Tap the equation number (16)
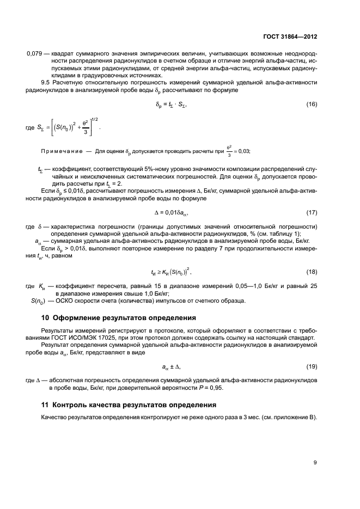311,103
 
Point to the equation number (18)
311,271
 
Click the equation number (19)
311,367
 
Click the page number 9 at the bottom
315,463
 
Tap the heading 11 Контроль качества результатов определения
129,405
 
